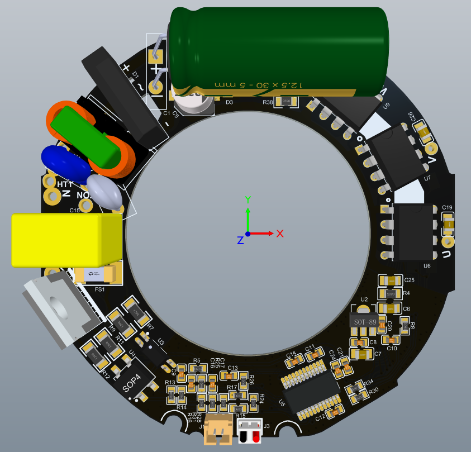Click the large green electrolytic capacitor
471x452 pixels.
(279, 50)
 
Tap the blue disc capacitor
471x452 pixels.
(66, 163)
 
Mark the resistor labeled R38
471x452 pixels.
(286, 101)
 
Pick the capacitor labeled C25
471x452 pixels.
(391, 280)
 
